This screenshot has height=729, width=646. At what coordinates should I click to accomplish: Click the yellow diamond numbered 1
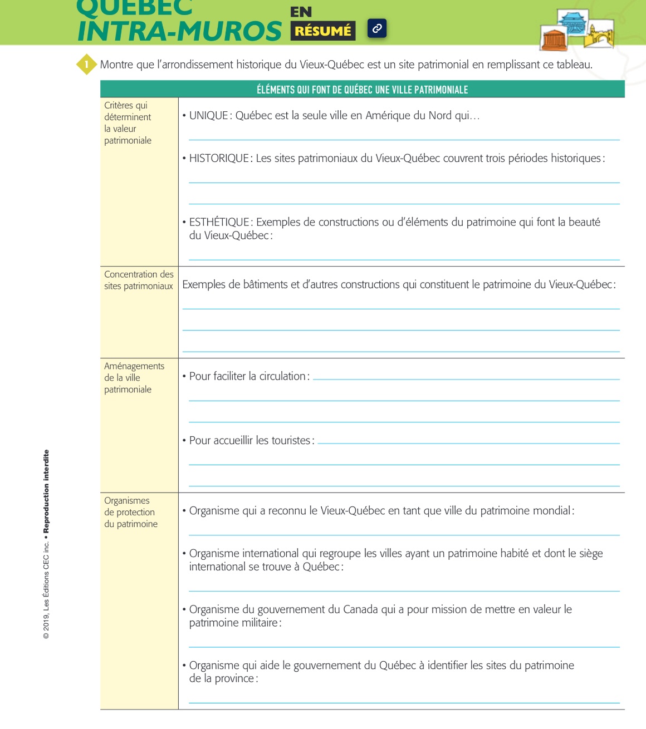[86, 65]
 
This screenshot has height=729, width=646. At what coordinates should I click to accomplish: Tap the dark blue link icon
[377, 28]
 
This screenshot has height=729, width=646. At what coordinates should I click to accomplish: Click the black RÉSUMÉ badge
[323, 31]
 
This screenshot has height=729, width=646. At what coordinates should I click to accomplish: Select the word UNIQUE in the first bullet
[209, 116]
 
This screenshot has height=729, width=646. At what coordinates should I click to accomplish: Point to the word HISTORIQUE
[219, 159]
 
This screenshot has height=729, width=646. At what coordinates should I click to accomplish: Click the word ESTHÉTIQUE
[219, 222]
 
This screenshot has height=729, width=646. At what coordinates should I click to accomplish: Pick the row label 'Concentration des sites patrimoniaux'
[139, 280]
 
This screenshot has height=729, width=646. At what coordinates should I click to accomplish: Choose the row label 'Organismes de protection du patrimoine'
[131, 512]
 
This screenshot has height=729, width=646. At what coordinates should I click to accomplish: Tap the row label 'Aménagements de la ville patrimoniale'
[134, 377]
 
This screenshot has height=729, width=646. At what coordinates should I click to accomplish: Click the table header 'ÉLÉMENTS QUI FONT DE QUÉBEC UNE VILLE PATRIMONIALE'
[362, 90]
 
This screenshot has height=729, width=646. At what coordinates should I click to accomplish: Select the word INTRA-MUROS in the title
[179, 31]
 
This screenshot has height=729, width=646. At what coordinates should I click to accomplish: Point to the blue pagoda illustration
[574, 22]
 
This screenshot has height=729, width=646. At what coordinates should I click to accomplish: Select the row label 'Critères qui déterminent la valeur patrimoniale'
[128, 123]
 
